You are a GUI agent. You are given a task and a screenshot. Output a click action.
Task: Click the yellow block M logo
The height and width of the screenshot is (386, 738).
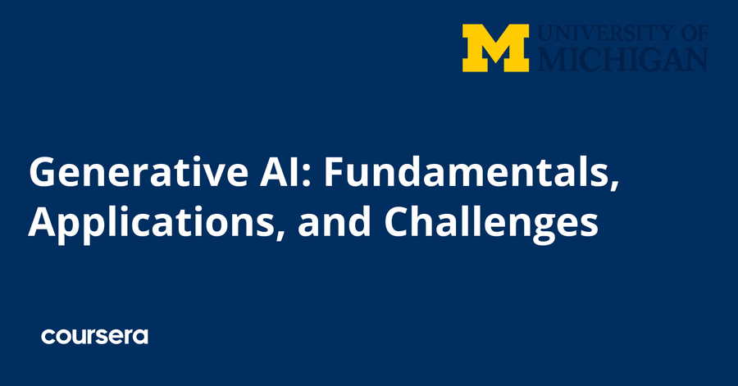pyautogui.click(x=495, y=48)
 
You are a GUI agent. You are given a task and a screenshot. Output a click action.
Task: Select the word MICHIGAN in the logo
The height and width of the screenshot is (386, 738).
pyautogui.click(x=622, y=60)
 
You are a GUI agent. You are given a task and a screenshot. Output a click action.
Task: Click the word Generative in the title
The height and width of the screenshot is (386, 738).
pyautogui.click(x=138, y=171)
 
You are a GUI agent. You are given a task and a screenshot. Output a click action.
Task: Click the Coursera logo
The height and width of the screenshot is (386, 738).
pyautogui.click(x=94, y=336)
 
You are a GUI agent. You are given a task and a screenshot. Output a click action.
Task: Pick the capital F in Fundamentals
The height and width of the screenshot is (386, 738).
pyautogui.click(x=335, y=172)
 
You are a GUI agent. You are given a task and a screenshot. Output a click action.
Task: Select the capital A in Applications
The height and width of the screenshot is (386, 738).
pyautogui.click(x=42, y=221)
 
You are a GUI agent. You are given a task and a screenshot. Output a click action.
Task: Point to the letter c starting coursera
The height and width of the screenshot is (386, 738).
pyautogui.click(x=48, y=337)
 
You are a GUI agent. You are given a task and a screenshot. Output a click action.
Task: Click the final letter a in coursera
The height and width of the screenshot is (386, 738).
pyautogui.click(x=141, y=337)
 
